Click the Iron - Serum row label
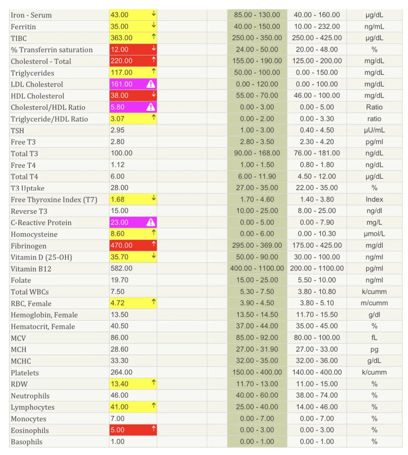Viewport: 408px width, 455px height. click(x=31, y=15)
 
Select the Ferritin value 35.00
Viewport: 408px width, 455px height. click(x=119, y=27)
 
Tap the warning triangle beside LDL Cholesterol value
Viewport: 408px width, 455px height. click(x=150, y=84)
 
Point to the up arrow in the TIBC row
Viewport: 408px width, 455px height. click(x=154, y=37)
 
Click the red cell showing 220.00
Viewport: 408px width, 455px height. click(x=133, y=61)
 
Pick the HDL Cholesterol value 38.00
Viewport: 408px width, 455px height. click(x=119, y=95)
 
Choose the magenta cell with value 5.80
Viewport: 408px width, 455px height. click(x=133, y=107)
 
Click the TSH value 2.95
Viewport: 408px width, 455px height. click(x=117, y=130)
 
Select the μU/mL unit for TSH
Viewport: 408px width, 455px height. click(x=374, y=130)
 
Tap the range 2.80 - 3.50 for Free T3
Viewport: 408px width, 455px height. click(x=257, y=142)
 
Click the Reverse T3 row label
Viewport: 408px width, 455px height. click(x=29, y=211)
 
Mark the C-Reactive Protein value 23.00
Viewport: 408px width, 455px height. click(x=119, y=222)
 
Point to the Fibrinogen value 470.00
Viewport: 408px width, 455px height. click(x=121, y=245)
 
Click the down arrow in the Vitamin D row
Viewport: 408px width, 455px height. click(x=154, y=255)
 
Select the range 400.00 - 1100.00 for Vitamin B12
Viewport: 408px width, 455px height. click(x=257, y=268)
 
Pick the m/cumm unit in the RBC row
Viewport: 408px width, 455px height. click(x=374, y=303)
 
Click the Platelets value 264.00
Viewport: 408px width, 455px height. click(x=121, y=372)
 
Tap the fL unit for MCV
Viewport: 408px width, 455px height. click(x=374, y=338)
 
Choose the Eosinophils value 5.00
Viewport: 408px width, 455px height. click(x=117, y=430)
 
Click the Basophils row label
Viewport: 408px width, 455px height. click(x=26, y=442)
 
